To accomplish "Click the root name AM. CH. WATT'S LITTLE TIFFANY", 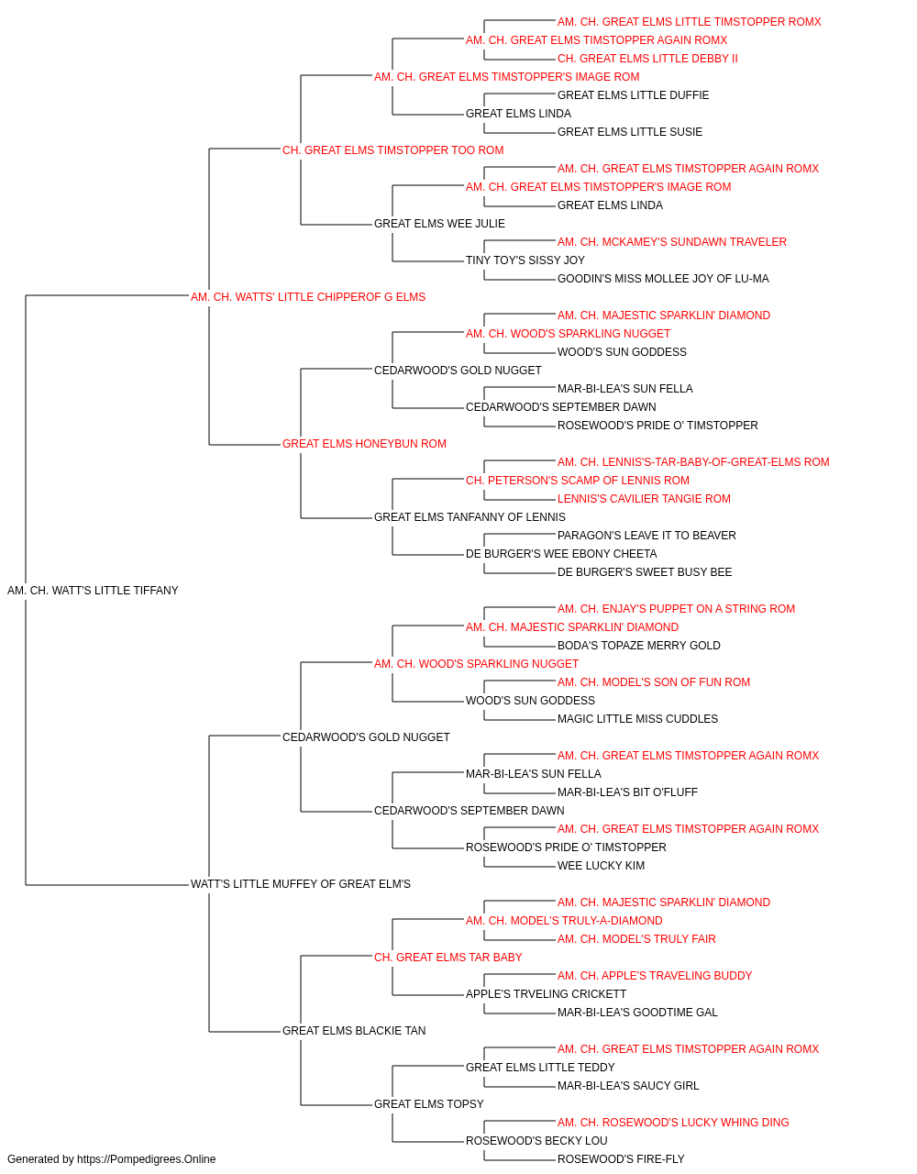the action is point(93,591).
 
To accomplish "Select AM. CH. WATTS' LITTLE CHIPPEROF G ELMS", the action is point(308,297).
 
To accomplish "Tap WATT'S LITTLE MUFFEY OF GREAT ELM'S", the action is point(300,884).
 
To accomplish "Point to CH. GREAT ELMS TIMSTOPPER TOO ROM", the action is point(392,150).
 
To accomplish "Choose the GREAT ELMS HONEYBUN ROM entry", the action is point(364,444).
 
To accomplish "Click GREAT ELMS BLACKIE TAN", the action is point(354,1031).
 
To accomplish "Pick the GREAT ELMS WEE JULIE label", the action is point(439,224).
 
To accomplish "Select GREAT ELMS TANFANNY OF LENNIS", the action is point(470,517).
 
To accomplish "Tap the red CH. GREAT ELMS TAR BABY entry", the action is point(447,958).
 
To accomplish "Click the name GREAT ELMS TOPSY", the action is point(429,1104).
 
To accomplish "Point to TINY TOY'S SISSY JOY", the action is point(525,260).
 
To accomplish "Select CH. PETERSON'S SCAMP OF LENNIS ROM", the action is point(578,481).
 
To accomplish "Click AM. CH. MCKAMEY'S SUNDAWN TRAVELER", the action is point(672,242).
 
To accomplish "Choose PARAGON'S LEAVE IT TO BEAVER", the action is point(646,536).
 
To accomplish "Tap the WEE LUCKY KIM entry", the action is point(601,866).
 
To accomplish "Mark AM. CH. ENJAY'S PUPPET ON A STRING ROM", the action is point(676,609).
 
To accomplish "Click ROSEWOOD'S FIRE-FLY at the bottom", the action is point(621,1159).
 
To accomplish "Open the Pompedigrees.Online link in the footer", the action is point(146,1159).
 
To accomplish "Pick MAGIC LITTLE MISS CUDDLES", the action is point(637,719).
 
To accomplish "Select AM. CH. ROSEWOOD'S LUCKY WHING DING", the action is point(673,1123).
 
